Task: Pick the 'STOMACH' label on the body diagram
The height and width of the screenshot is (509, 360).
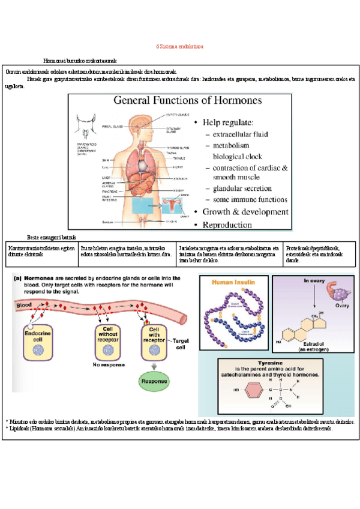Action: coord(181,178)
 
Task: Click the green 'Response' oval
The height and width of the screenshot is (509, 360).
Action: coord(155,381)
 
